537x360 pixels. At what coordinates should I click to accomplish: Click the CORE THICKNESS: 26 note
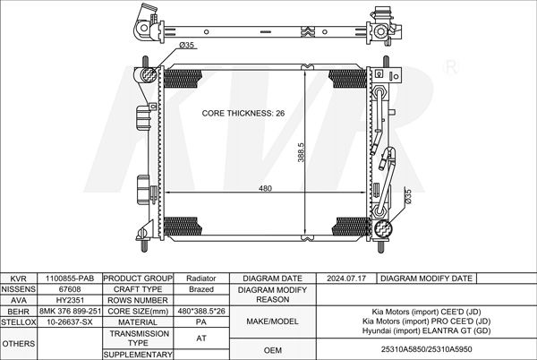coord(243,114)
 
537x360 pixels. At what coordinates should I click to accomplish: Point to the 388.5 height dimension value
coord(301,152)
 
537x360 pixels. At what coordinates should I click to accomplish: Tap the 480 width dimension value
coord(265,188)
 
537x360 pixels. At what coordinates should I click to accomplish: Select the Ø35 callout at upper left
coord(187,45)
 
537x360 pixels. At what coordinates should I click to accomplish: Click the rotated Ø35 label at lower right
coord(407,197)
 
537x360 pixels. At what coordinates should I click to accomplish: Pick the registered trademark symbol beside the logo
coord(451,67)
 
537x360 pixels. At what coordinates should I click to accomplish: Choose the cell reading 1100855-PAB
coord(70,279)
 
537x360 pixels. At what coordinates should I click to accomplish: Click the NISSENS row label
coord(19,289)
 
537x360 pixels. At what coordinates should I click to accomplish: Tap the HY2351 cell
coord(70,300)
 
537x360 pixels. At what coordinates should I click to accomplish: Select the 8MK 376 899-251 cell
coord(70,312)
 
